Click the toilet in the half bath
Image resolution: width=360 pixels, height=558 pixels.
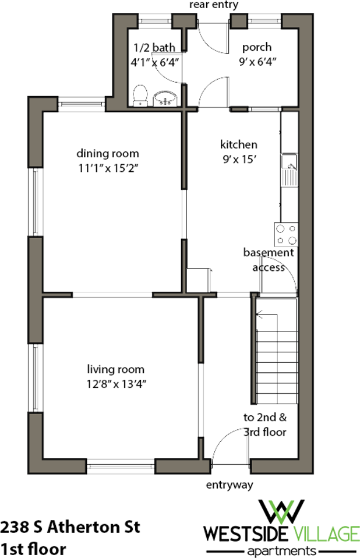(140, 96)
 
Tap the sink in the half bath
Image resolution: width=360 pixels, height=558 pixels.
(166, 100)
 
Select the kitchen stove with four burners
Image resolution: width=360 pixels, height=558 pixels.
(286, 234)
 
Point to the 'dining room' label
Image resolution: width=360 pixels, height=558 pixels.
(108, 154)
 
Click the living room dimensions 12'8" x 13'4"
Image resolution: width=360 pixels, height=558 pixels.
(115, 384)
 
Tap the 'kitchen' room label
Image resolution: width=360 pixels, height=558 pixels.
(238, 144)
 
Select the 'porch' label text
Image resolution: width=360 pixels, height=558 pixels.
(257, 47)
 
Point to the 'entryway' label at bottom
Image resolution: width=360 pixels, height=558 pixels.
(229, 484)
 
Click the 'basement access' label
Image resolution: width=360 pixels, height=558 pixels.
(269, 260)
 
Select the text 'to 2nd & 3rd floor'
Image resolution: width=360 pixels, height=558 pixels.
(264, 425)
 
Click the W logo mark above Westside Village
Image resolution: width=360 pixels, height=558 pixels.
(281, 511)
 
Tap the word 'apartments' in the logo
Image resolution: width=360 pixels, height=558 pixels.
(281, 550)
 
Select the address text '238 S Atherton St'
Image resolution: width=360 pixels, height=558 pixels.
(70, 528)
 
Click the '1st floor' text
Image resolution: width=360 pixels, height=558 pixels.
(33, 548)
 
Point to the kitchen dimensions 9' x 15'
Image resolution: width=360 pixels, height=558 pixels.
(238, 158)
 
